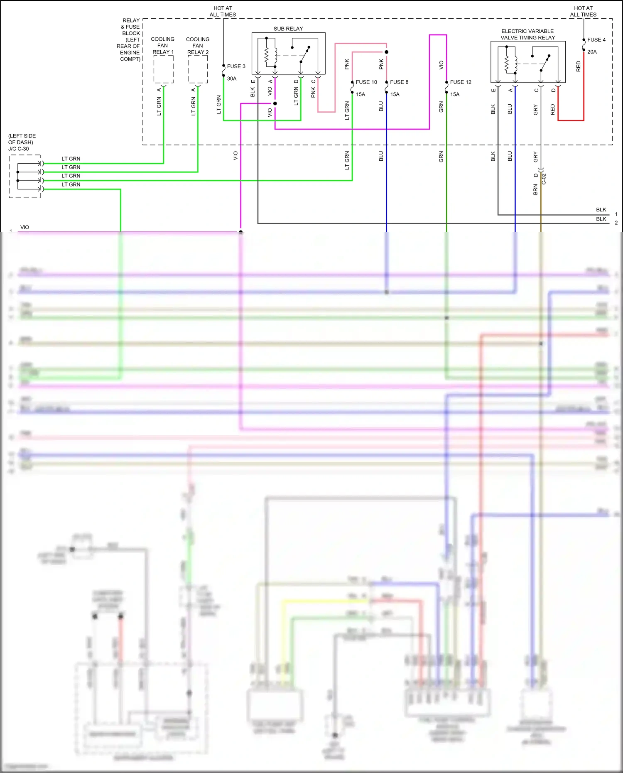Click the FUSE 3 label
point(236,66)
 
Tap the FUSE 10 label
point(366,82)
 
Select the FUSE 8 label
point(399,82)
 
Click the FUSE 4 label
point(596,39)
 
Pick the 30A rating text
point(232,79)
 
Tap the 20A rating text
point(592,52)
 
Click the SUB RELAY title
point(288,29)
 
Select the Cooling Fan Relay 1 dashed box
point(163,69)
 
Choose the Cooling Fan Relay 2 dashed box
point(198,69)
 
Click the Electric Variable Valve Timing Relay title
point(527,34)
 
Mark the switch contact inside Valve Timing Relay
point(545,63)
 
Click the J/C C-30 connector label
point(19,149)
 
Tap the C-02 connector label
point(544,179)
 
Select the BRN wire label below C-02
point(535,190)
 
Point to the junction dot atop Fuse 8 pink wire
point(386,52)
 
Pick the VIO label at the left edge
point(25,227)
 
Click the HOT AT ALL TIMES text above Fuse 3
point(223,11)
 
